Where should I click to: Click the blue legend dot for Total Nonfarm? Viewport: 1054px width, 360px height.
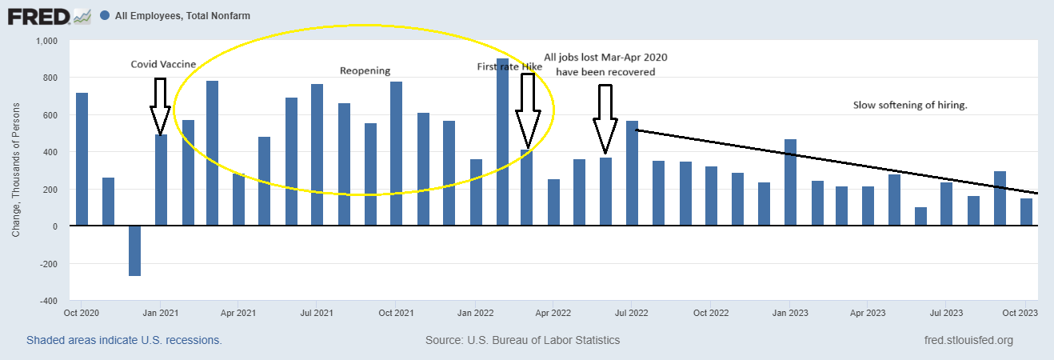105,15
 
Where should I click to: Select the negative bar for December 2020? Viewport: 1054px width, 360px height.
134,250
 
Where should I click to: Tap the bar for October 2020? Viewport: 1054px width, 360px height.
82,159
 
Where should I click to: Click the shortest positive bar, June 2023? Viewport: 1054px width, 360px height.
921,217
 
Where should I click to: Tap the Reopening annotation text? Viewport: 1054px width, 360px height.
365,70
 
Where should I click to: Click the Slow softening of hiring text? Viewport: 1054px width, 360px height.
910,105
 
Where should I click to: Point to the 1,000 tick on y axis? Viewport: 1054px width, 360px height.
48,41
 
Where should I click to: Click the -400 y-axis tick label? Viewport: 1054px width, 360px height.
50,301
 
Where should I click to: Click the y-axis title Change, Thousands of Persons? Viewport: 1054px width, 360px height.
17,170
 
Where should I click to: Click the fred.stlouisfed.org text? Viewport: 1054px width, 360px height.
968,340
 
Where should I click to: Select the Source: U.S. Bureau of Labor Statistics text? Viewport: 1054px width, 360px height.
522,340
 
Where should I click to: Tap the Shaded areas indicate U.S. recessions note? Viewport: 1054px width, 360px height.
124,340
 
